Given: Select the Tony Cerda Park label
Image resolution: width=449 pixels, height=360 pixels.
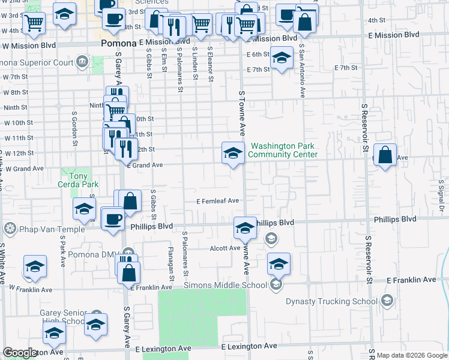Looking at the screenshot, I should [78, 180].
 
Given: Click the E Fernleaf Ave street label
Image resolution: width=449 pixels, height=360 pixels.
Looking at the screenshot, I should [217, 201].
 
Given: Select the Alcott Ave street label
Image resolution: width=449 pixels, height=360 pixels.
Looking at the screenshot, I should [224, 248].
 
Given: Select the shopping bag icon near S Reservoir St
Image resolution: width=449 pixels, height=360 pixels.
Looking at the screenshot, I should [385, 154].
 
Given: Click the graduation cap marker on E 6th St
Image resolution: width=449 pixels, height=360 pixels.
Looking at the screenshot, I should [280, 59].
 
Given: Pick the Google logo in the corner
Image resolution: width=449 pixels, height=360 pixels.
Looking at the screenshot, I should [19, 353].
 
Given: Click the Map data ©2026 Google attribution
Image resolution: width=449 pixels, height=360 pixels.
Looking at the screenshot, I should [412, 355].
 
